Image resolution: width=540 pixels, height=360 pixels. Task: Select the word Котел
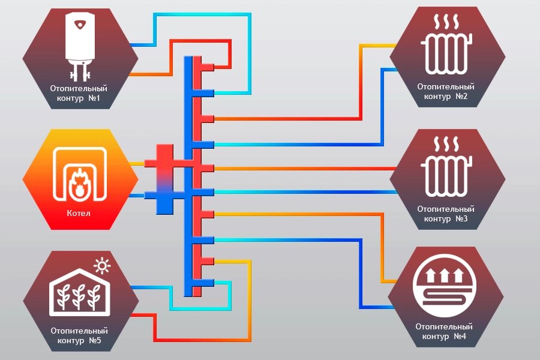tap(80, 213)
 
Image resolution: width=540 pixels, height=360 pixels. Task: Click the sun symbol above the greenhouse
tap(103, 265)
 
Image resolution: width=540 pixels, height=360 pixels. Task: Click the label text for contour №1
tap(79, 92)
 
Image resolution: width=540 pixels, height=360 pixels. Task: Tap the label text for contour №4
tap(444, 331)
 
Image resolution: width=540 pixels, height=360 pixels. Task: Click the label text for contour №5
tap(79, 335)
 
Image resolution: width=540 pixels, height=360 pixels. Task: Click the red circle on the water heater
tap(80, 25)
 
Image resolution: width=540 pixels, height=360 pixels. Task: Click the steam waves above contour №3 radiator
tap(446, 144)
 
